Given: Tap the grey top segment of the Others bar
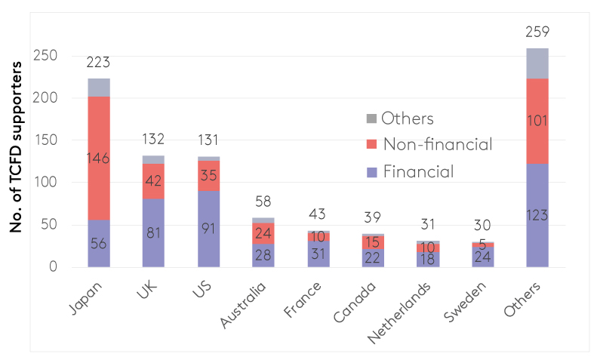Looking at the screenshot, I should click(537, 63).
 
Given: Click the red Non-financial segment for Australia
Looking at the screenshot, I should click(264, 233).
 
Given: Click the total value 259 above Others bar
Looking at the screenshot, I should click(537, 32).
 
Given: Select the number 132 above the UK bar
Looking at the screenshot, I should click(154, 140).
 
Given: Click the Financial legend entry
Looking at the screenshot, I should click(417, 171).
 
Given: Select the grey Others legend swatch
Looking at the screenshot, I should click(370, 118).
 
